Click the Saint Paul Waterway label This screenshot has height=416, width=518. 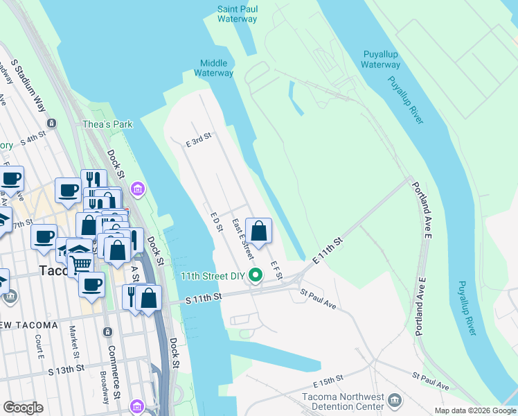[x=237, y=14]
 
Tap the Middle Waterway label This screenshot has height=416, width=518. [x=213, y=68]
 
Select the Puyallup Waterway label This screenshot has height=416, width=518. [x=381, y=60]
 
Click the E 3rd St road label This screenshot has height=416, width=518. [x=198, y=141]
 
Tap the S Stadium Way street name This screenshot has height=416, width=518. [x=28, y=86]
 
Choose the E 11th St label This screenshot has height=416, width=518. [x=328, y=251]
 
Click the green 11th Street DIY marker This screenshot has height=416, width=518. [x=256, y=275]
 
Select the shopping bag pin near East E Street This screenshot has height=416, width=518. [x=258, y=231]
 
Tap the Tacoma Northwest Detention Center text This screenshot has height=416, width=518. [x=343, y=401]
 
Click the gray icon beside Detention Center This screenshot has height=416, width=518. [x=395, y=400]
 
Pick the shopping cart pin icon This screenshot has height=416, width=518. [x=81, y=263]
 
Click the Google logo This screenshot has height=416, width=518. [x=24, y=408]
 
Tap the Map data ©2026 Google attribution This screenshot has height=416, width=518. [x=475, y=410]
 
